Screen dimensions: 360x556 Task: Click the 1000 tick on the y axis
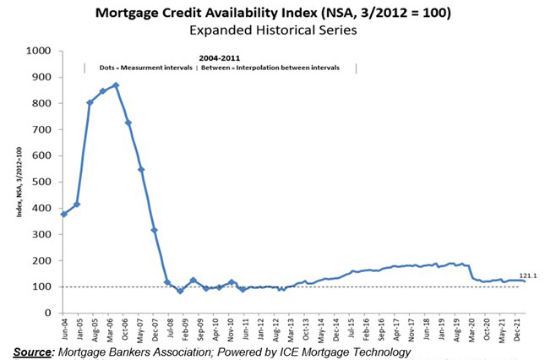[x=41, y=52]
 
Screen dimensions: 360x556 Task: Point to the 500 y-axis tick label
[x=43, y=182]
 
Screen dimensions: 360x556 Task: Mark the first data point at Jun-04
[x=64, y=214]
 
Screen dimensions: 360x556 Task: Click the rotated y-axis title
[x=19, y=182]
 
